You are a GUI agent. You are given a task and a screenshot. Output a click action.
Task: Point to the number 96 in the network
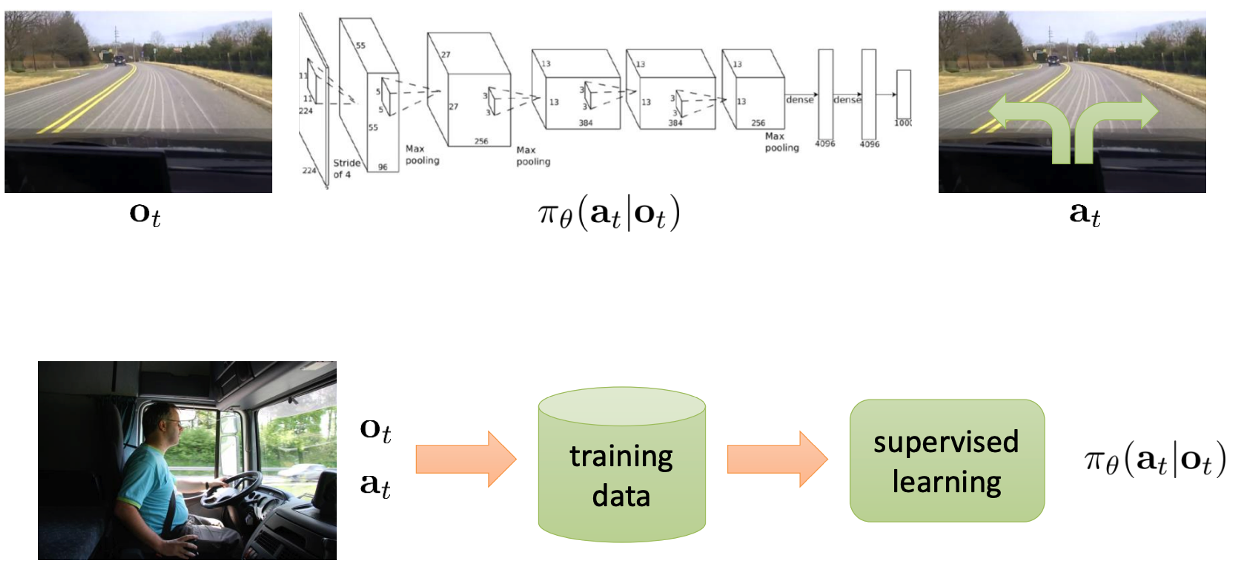coord(382,167)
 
